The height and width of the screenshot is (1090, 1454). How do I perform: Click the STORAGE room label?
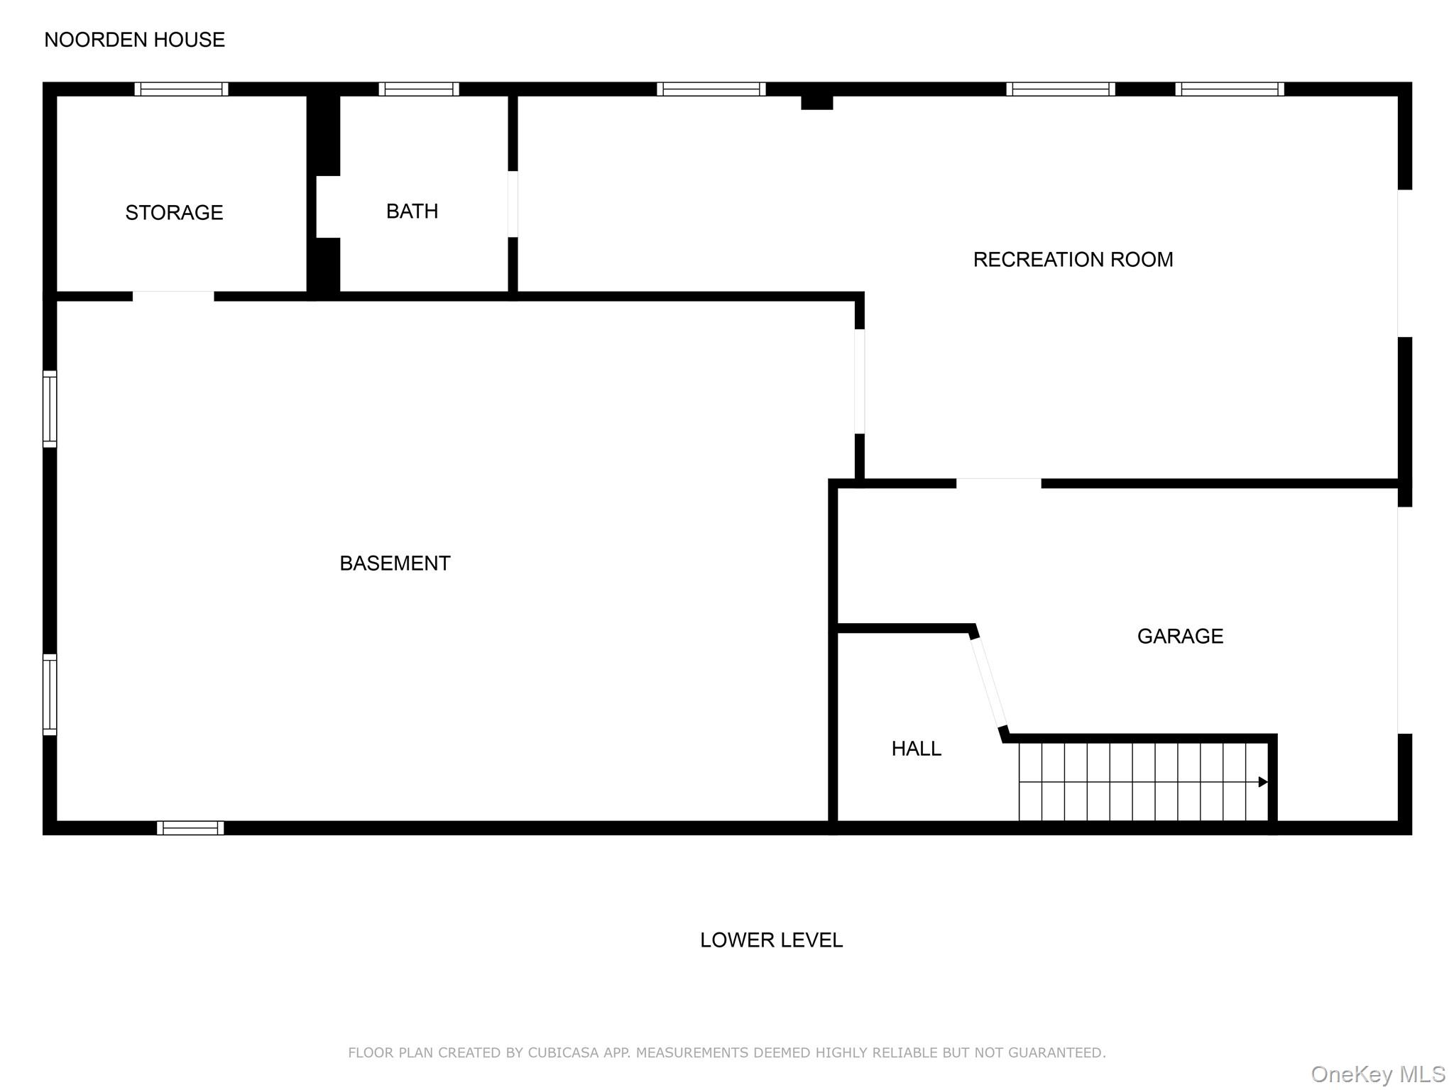click(x=174, y=212)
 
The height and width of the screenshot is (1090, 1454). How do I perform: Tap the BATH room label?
click(x=412, y=211)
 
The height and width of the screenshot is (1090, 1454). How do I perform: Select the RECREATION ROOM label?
click(x=1073, y=260)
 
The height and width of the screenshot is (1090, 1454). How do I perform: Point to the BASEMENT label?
click(x=395, y=563)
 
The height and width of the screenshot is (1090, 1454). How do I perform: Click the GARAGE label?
click(x=1180, y=636)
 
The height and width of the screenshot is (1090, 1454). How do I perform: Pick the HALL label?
click(x=916, y=748)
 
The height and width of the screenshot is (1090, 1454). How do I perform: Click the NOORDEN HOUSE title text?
click(x=134, y=40)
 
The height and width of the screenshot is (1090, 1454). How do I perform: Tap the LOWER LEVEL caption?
click(x=771, y=940)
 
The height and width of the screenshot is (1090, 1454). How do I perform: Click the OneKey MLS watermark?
click(x=1377, y=1074)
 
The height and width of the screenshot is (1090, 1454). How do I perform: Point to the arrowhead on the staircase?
click(x=1262, y=782)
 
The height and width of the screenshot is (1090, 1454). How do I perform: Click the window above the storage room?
click(x=181, y=89)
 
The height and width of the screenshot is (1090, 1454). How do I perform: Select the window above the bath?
click(x=419, y=89)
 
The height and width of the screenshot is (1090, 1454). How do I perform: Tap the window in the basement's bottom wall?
click(x=190, y=827)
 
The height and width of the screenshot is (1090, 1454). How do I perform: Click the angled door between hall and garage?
click(x=988, y=682)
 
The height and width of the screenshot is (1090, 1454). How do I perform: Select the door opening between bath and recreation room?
click(x=513, y=204)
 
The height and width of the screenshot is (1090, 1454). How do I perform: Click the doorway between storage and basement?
click(x=173, y=296)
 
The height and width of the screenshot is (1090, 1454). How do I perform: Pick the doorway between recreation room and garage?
click(x=998, y=483)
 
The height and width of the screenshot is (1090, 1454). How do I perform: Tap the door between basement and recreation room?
click(x=859, y=381)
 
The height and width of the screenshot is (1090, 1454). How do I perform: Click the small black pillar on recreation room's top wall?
click(x=816, y=101)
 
